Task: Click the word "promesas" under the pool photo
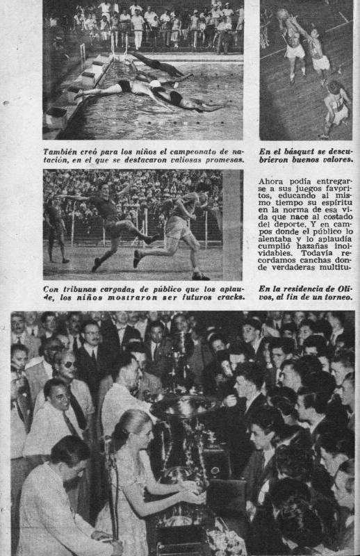(x=222, y=159)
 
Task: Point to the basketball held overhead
(x=282, y=14)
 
